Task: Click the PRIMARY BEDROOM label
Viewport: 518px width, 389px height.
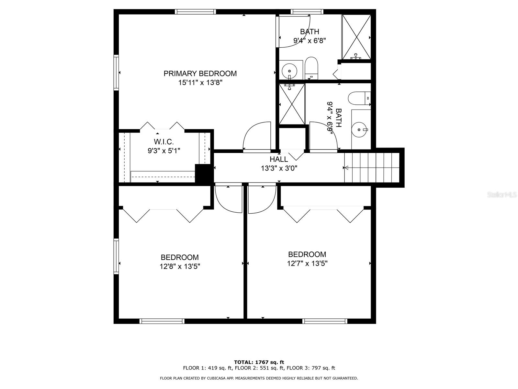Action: point(200,74)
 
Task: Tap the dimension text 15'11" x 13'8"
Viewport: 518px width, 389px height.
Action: point(200,83)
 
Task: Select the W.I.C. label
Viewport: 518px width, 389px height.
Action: point(163,142)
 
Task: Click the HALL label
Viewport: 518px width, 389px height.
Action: point(279,159)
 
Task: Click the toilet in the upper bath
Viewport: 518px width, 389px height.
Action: point(311,68)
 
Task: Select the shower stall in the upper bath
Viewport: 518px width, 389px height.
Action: point(356,37)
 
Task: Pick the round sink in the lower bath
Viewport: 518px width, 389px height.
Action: point(359,129)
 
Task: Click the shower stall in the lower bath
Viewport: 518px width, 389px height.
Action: point(292,104)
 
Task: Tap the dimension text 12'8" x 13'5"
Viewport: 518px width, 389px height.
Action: point(180,266)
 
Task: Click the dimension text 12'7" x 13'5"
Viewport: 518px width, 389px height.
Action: point(307,264)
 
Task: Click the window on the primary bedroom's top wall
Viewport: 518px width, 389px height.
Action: point(195,12)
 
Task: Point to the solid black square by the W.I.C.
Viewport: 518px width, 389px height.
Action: point(203,174)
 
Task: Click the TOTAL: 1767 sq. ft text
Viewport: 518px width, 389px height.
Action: point(259,362)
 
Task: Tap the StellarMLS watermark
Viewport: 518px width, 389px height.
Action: point(502,195)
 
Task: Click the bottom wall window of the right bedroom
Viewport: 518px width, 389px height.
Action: point(325,321)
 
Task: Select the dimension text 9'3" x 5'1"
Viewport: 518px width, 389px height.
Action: point(163,151)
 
